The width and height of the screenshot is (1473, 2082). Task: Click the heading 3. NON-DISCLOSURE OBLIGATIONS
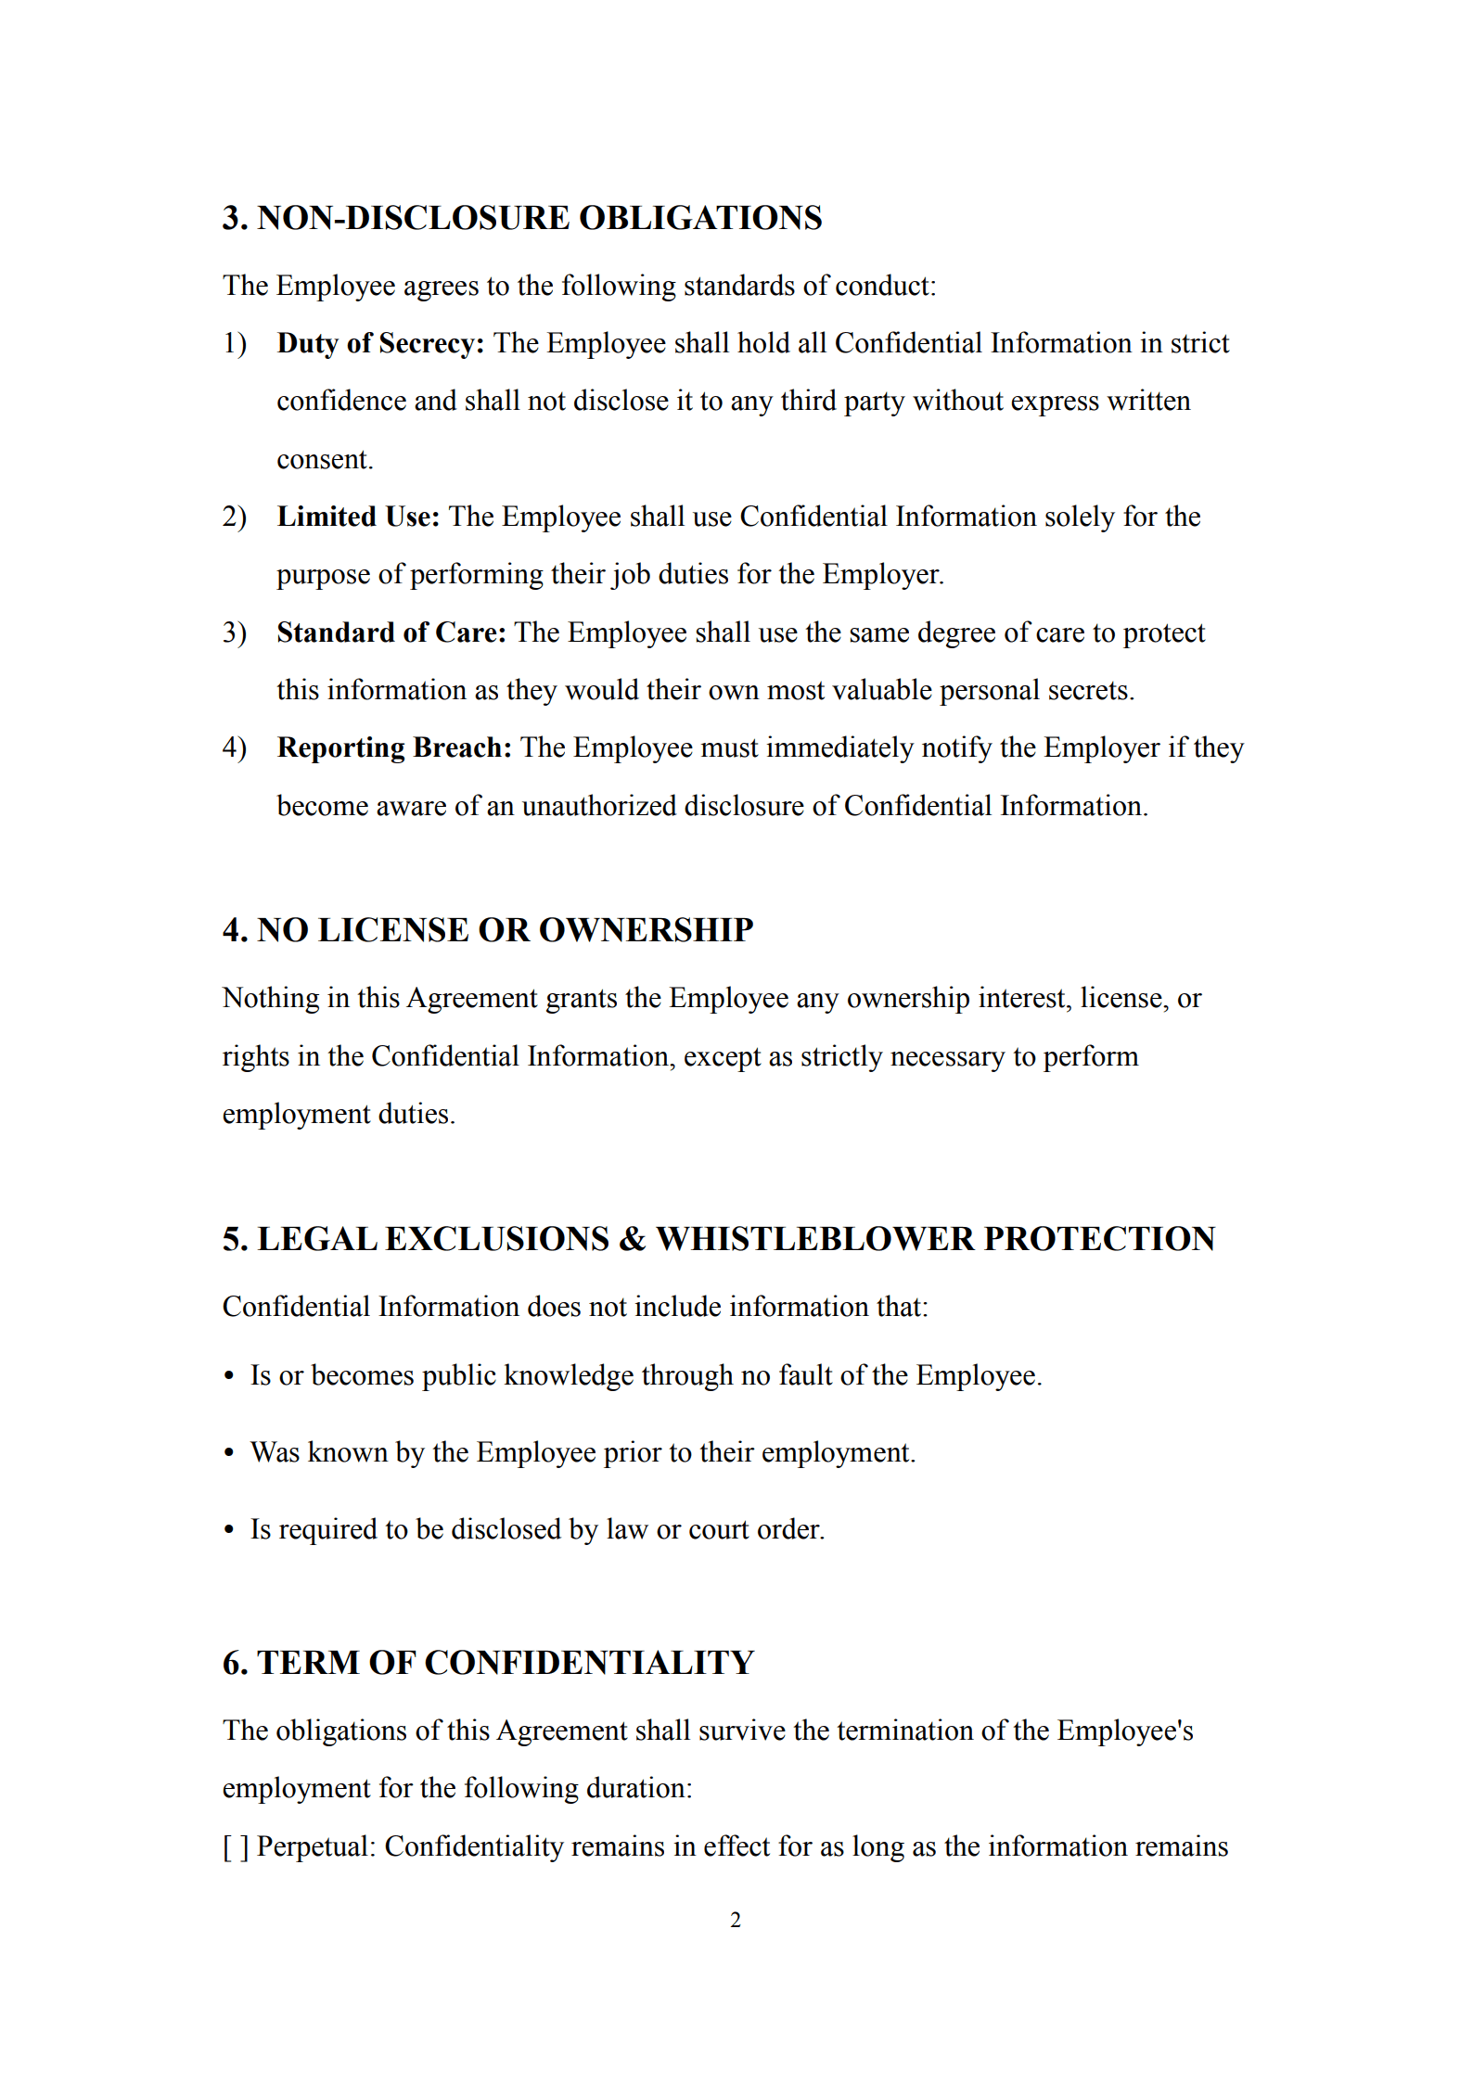point(521,218)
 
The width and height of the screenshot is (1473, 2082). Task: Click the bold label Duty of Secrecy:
point(380,343)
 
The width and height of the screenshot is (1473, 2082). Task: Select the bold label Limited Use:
point(358,517)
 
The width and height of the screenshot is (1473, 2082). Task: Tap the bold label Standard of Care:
point(391,632)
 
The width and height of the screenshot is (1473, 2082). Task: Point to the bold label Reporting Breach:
point(394,747)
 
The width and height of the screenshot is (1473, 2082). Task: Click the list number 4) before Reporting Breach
point(234,747)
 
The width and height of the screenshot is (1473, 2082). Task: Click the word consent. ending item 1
point(325,459)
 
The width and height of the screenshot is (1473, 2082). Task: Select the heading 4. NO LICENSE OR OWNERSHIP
point(487,930)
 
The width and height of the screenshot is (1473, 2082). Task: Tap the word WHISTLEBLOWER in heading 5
point(814,1239)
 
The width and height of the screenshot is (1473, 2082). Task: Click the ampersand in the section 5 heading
point(633,1239)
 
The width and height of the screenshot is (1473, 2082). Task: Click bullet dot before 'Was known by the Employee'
point(229,1453)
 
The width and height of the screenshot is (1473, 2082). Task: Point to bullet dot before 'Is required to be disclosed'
point(229,1530)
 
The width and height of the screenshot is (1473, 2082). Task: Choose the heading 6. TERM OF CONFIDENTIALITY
point(488,1663)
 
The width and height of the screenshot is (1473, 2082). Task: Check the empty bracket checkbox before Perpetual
point(236,1846)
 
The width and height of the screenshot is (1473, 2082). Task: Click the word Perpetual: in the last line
point(315,1846)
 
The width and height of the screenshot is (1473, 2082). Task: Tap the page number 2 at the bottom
point(736,1921)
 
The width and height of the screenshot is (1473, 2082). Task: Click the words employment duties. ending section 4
point(339,1114)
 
